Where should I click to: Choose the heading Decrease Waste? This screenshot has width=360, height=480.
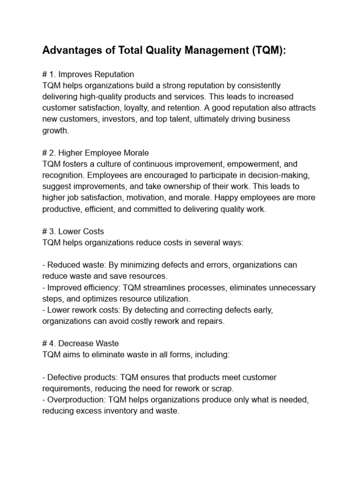coord(92,344)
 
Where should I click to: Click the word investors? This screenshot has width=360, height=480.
coord(121,119)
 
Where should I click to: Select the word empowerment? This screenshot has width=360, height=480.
coord(256,164)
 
